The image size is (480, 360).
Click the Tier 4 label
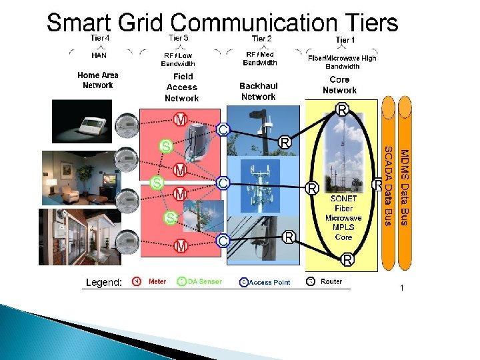click(x=99, y=38)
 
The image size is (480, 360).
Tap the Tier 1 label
click(x=345, y=40)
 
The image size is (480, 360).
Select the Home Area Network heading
click(x=98, y=80)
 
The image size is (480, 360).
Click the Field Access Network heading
click(x=182, y=87)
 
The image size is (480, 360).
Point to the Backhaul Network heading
click(x=258, y=91)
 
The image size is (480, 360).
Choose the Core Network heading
click(x=339, y=85)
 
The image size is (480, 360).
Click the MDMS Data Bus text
click(x=404, y=187)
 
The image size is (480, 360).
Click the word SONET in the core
click(x=343, y=199)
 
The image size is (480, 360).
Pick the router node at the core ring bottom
click(x=347, y=258)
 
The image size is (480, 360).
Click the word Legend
click(x=103, y=283)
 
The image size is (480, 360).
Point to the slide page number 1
click(x=402, y=287)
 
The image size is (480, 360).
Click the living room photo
click(x=75, y=177)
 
